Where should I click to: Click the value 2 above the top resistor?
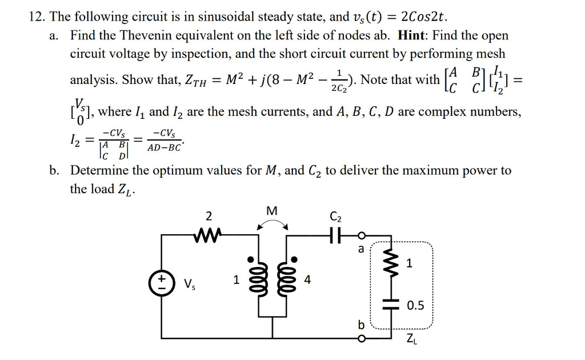tap(209, 216)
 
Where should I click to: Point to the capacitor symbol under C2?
tap(334, 234)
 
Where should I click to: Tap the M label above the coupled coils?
tap(271, 211)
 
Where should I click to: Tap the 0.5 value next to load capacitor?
tap(415, 306)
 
